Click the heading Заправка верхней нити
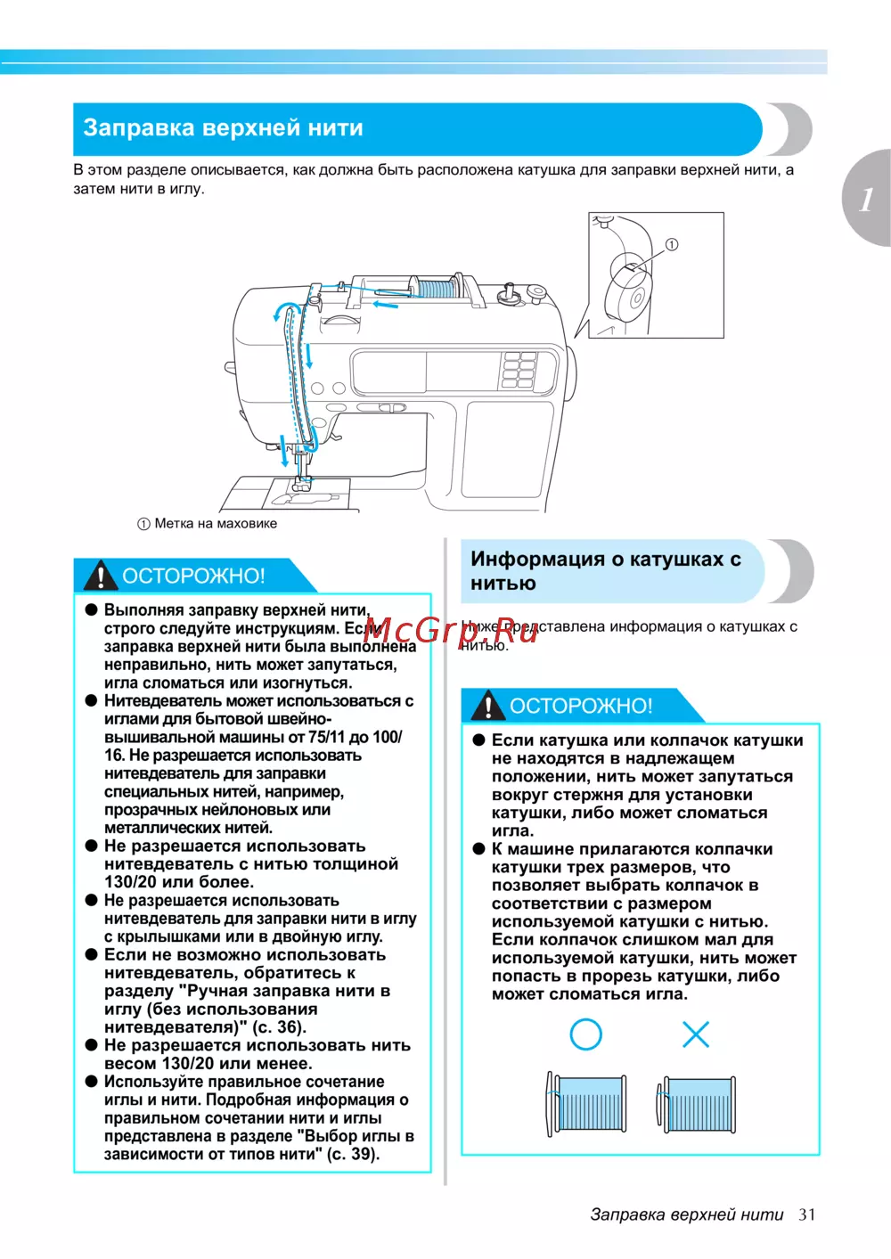(223, 128)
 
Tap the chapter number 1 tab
(866, 198)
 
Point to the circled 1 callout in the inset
(672, 244)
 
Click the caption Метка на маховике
(215, 524)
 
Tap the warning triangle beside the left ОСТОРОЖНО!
(102, 576)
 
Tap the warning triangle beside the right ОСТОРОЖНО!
(488, 707)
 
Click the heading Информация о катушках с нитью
(606, 571)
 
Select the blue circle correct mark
(585, 1034)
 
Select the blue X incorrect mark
(695, 1034)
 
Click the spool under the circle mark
(586, 1103)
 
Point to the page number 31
(806, 1214)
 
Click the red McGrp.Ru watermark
(451, 631)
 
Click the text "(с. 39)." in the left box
(353, 1155)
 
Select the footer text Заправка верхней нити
(686, 1214)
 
